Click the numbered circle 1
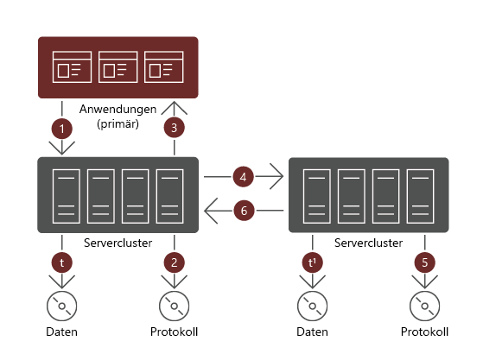click(61, 129)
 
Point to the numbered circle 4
click(244, 178)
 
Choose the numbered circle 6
click(244, 211)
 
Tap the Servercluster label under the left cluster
click(118, 243)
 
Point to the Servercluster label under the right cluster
click(368, 243)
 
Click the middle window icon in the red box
click(118, 67)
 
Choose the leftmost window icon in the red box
click(72, 67)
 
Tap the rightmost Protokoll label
click(424, 332)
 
